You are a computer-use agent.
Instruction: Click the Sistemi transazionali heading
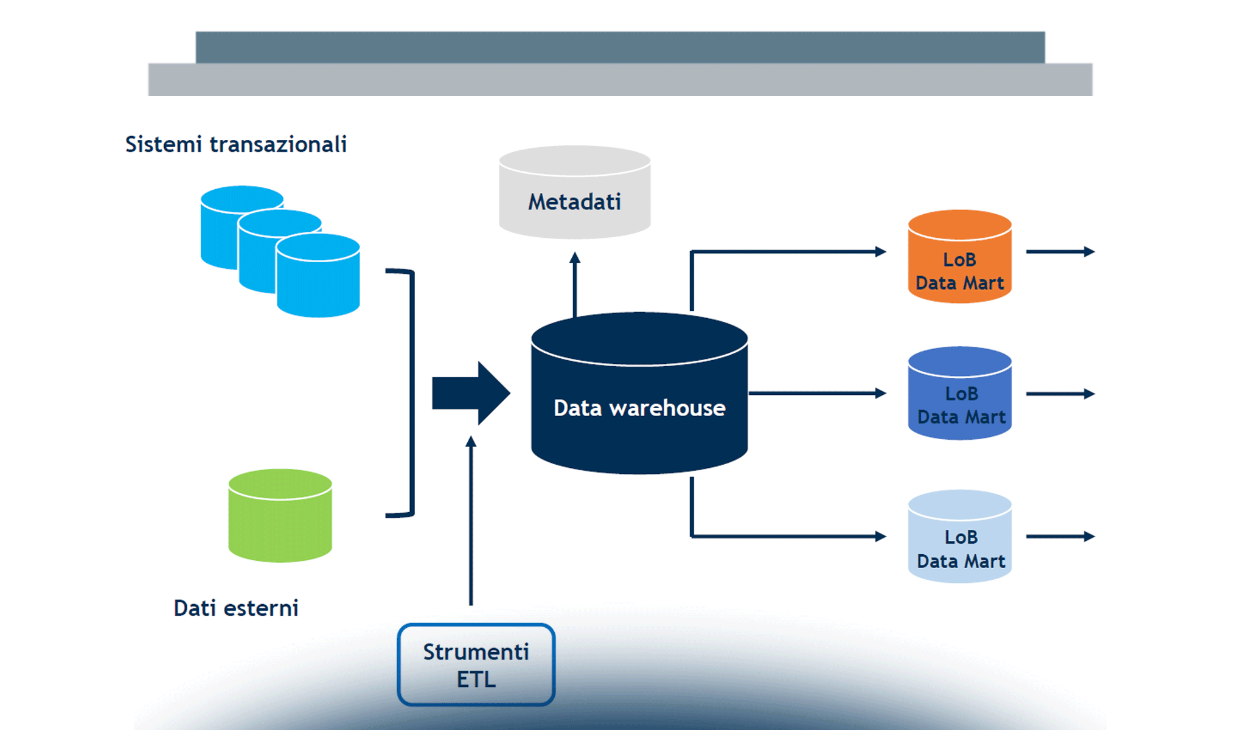click(x=236, y=145)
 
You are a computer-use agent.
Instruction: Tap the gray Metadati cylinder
click(x=574, y=193)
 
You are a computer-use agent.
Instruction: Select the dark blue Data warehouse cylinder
click(x=639, y=401)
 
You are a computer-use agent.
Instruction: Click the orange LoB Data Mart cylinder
click(x=959, y=259)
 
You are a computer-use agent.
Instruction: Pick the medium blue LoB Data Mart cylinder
click(x=959, y=395)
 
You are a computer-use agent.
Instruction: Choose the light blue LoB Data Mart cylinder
click(x=959, y=538)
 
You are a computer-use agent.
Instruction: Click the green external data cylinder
click(x=280, y=517)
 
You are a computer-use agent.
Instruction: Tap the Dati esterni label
click(x=236, y=608)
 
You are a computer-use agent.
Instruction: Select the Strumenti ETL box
click(x=476, y=664)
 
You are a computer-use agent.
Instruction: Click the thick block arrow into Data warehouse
click(x=468, y=393)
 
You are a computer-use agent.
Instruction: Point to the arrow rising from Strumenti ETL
click(x=471, y=523)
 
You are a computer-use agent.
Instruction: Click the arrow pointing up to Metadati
click(x=575, y=283)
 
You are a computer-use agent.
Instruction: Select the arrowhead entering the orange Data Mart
click(x=880, y=251)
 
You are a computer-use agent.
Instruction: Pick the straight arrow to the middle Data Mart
click(x=815, y=394)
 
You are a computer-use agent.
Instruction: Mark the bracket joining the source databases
click(x=412, y=392)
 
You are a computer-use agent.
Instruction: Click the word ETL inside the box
click(x=476, y=680)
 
